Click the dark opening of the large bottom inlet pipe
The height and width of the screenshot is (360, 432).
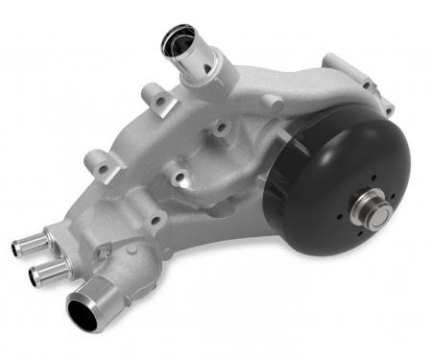[82, 312]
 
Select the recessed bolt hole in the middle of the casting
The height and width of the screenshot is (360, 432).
[179, 176]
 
